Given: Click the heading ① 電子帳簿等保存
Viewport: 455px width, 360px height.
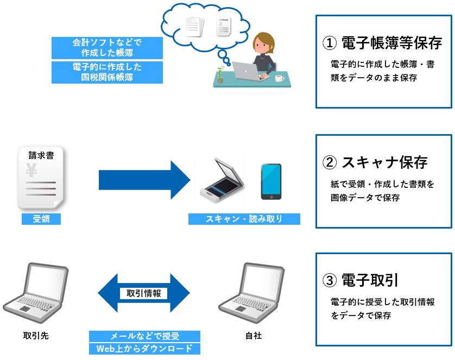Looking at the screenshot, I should click(382, 42).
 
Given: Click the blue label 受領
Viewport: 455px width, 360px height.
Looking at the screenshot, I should click(41, 219).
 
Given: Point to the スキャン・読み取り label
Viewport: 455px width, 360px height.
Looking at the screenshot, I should click(244, 219).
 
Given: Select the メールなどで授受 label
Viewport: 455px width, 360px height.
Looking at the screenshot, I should click(144, 336).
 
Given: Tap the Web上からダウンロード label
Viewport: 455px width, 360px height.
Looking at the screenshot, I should click(144, 349).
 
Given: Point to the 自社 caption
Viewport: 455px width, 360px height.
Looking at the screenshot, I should click(253, 336).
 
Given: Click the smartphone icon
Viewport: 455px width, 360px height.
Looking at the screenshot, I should click(270, 181).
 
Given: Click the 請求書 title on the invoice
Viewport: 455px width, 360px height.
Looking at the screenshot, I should click(41, 155).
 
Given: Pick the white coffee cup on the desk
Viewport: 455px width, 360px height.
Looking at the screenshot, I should click(280, 79).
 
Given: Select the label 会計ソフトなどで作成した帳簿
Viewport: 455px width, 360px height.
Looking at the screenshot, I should click(107, 48).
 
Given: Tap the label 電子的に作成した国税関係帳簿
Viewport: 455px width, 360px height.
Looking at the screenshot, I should click(107, 72).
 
